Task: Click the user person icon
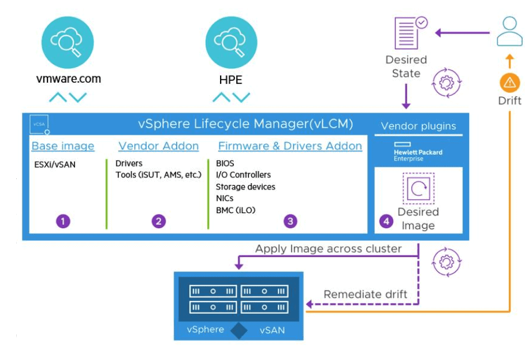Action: [509, 31]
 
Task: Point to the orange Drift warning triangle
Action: [509, 82]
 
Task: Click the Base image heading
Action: [63, 146]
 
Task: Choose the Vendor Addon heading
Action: [158, 146]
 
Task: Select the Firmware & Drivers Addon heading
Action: [290, 146]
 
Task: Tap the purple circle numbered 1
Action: [63, 220]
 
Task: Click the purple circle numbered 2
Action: [158, 220]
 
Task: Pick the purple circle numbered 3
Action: [291, 220]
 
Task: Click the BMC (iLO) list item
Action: [236, 210]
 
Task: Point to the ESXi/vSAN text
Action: [55, 164]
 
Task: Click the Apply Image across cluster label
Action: [329, 249]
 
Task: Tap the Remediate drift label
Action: [365, 295]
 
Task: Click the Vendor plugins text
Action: [418, 126]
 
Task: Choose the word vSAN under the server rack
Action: [272, 330]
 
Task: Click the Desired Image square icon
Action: [419, 189]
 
